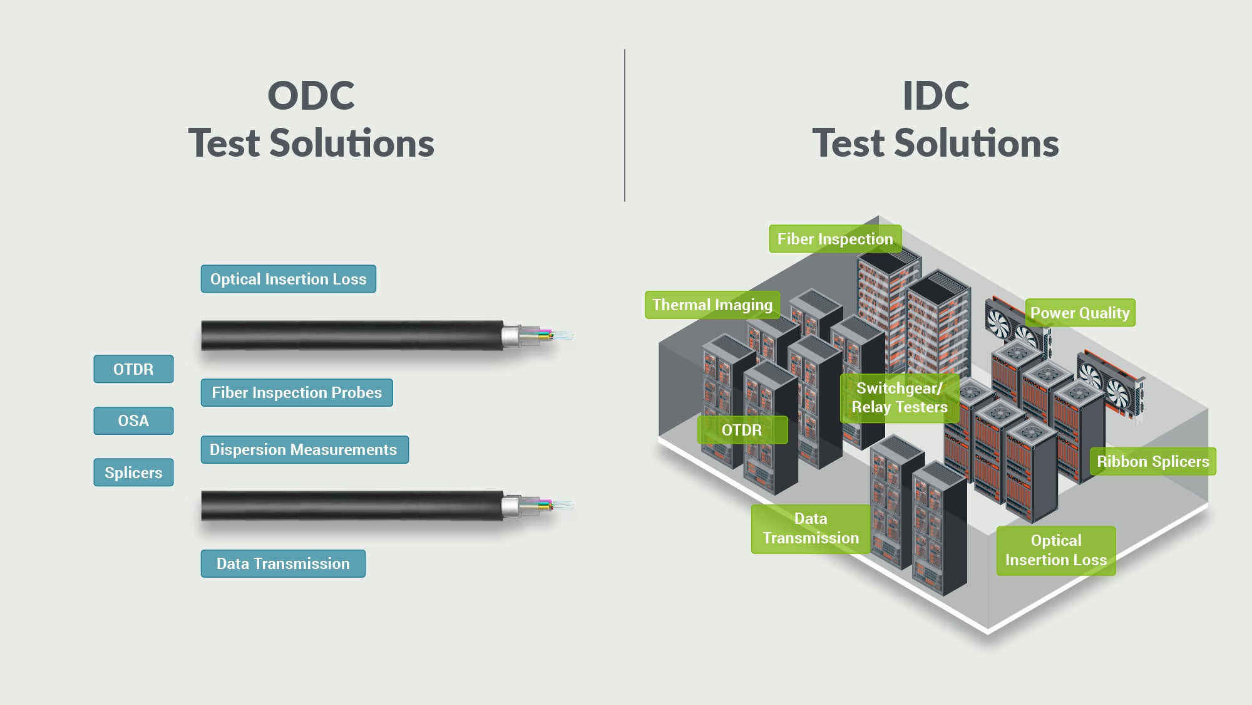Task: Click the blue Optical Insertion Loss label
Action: pos(288,279)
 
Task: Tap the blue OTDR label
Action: pos(133,369)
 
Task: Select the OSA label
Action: pos(133,420)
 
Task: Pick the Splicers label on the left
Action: pos(133,473)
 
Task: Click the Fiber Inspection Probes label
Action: pos(297,393)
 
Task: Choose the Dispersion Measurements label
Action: pos(304,450)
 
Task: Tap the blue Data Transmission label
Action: pos(283,563)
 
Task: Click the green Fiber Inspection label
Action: pos(835,239)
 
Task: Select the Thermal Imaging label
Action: pos(712,305)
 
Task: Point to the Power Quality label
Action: pos(1080,313)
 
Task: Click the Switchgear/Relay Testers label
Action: pos(900,398)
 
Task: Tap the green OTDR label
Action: pos(742,430)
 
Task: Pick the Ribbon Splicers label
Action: pos(1152,461)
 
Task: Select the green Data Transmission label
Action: pos(811,528)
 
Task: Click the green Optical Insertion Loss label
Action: pos(1056,550)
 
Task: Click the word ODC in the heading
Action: pos(311,96)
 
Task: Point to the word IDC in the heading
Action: pos(936,96)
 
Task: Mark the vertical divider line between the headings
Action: pos(625,125)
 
